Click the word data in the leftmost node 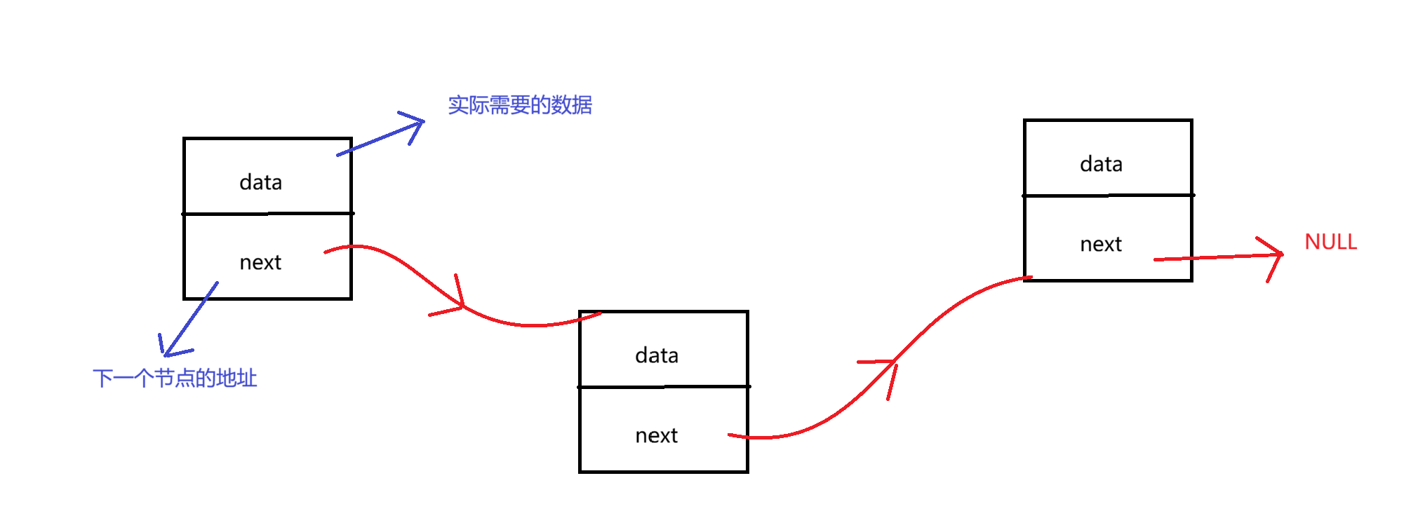[x=260, y=182]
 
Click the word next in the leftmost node [x=260, y=262]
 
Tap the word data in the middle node [x=656, y=355]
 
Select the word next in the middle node [x=656, y=435]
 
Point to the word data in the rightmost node [x=1101, y=164]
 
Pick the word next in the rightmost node [x=1101, y=244]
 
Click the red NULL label [x=1330, y=242]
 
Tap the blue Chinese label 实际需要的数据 [x=520, y=105]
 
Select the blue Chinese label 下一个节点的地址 [x=175, y=379]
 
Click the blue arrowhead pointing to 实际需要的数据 [x=418, y=123]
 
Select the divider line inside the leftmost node [x=267, y=213]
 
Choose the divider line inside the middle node [x=664, y=386]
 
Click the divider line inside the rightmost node [x=1108, y=195]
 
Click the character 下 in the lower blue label [x=103, y=379]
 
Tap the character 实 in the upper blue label [x=458, y=105]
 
